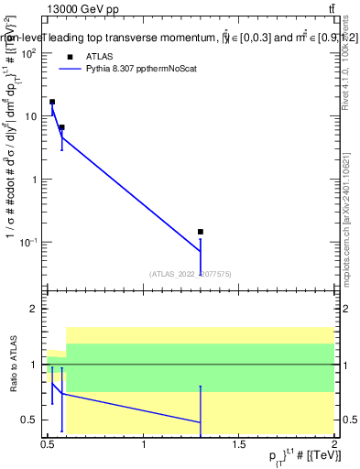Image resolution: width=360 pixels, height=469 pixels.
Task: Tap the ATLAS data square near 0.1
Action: point(201,232)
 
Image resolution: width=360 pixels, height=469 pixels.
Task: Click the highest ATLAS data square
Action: point(52,102)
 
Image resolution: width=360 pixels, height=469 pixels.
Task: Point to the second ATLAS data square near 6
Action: point(61,127)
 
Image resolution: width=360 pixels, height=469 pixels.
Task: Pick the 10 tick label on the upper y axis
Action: point(30,116)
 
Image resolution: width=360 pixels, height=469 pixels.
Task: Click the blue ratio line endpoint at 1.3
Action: point(201,422)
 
